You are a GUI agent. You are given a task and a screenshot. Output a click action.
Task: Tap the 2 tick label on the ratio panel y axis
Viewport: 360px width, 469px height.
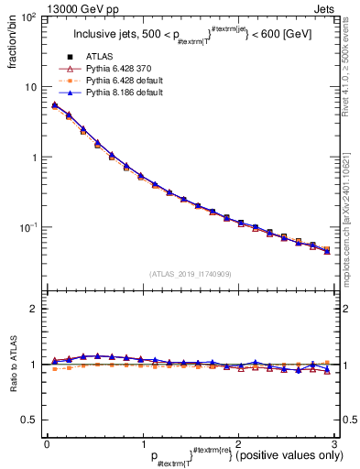coord(35,309)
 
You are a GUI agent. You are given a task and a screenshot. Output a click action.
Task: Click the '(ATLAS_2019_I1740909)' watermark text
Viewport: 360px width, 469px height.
coord(190,274)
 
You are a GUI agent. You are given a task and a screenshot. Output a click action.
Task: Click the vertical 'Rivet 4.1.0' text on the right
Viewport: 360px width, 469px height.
coord(349,64)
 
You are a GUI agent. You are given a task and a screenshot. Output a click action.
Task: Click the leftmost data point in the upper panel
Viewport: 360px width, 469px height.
coord(55,105)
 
